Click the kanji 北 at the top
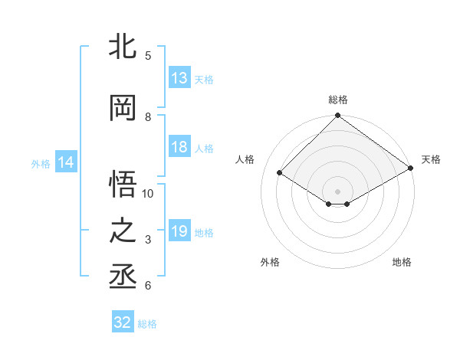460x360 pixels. [123, 47]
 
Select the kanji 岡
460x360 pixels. [123, 108]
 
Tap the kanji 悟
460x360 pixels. [123, 184]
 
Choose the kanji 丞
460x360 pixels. [123, 276]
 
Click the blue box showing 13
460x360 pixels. [179, 77]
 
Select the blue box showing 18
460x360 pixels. [179, 147]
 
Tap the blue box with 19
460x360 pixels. [179, 231]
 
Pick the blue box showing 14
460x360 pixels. [66, 162]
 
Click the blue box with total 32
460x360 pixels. [123, 322]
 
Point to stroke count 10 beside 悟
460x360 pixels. [148, 193]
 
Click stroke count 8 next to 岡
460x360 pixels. [148, 116]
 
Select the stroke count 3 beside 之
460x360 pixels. [148, 240]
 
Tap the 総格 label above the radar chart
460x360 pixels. [338, 100]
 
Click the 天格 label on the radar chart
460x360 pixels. [431, 159]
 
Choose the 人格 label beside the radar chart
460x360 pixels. [245, 159]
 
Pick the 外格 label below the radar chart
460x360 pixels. [270, 263]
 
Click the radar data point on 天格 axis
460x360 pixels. [411, 168]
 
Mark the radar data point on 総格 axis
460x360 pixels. [338, 116]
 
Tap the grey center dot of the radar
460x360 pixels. [338, 191]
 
